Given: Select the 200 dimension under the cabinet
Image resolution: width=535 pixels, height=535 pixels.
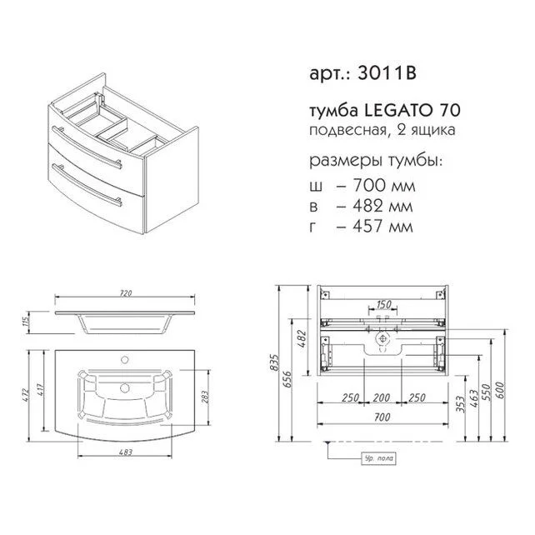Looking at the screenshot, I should click(x=382, y=397).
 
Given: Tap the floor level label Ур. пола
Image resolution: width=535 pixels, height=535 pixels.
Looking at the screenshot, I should click(x=379, y=458).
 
